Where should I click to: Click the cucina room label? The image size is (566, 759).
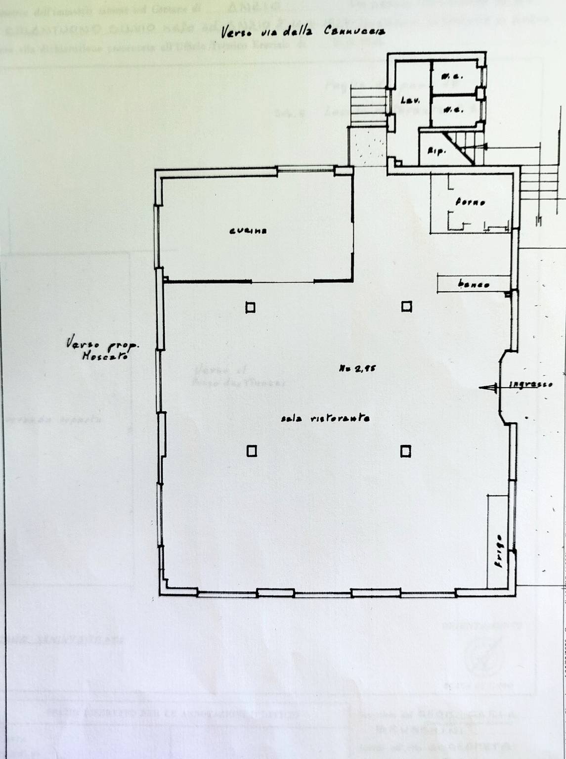click(248, 231)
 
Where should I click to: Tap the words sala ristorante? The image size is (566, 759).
click(325, 418)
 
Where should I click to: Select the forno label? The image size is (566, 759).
click(470, 202)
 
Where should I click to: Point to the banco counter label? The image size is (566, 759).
click(474, 284)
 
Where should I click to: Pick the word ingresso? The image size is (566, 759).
click(531, 384)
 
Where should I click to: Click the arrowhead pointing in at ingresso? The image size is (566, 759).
click(487, 388)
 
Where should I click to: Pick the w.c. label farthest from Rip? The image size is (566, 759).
click(452, 76)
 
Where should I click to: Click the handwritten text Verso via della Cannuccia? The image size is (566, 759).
click(303, 31)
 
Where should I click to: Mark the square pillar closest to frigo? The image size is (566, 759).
click(405, 451)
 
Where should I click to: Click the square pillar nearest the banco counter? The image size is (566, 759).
click(406, 307)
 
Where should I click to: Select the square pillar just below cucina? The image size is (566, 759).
click(251, 308)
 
